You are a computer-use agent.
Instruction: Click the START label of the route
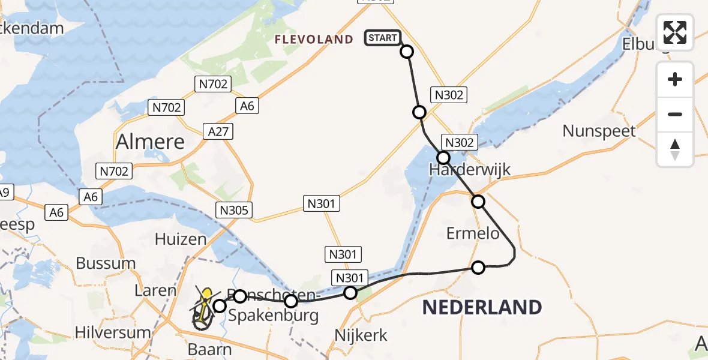point(382,38)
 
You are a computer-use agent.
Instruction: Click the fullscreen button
point(675,32)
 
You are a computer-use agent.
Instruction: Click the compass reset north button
point(675,149)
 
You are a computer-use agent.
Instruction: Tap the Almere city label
point(150,142)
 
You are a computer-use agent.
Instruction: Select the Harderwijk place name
point(470,169)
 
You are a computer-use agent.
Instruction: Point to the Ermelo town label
point(473,233)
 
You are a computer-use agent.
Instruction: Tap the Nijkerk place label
point(361,335)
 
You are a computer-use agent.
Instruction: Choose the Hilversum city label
point(113,332)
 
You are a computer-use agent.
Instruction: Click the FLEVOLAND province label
point(314,40)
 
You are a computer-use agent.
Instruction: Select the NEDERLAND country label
point(482,307)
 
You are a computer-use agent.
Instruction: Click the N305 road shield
point(235,209)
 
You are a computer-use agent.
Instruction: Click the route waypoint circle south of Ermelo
point(478,268)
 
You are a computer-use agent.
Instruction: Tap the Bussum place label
point(106,263)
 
